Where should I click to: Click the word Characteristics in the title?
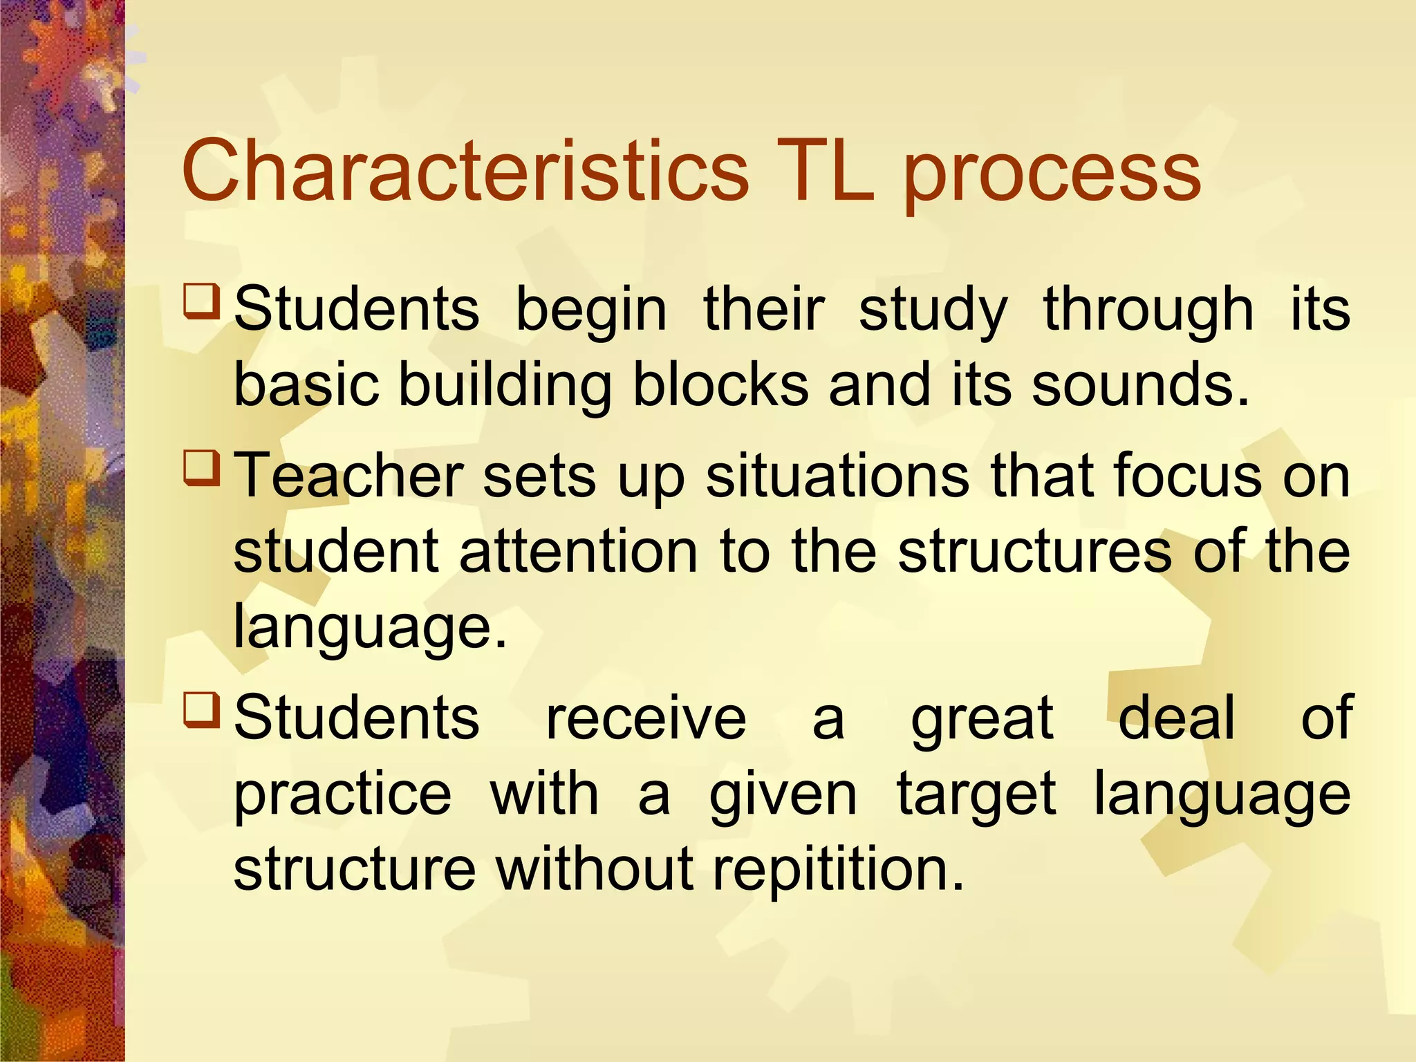point(465,171)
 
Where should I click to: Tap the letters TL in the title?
point(824,171)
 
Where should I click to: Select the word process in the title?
point(1052,176)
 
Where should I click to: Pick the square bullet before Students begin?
point(202,300)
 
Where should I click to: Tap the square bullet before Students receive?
point(202,709)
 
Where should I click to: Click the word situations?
point(837,476)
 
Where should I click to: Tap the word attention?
point(579,551)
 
